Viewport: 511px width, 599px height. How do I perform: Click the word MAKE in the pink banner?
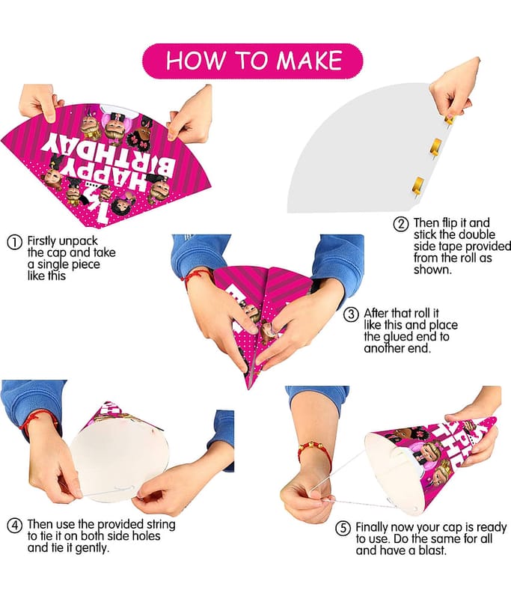pyautogui.click(x=309, y=61)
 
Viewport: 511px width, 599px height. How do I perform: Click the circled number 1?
pyautogui.click(x=14, y=243)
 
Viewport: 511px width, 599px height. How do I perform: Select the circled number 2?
pyautogui.click(x=401, y=224)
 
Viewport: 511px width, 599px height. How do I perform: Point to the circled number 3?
pyautogui.click(x=351, y=314)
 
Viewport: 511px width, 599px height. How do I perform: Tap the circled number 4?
pyautogui.click(x=14, y=526)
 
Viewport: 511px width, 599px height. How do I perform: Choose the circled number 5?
pyautogui.click(x=343, y=529)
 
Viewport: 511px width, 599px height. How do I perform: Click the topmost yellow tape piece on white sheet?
pyautogui.click(x=450, y=119)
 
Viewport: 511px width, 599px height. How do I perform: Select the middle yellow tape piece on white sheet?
pyautogui.click(x=436, y=147)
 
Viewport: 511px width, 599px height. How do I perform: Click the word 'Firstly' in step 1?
pyautogui.click(x=42, y=241)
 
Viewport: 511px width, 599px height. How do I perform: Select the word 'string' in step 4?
pyautogui.click(x=161, y=524)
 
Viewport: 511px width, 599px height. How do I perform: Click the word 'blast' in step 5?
pyautogui.click(x=432, y=550)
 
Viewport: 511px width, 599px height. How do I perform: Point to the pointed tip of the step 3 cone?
pyautogui.click(x=249, y=388)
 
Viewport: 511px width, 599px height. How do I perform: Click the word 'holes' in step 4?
pyautogui.click(x=146, y=536)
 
